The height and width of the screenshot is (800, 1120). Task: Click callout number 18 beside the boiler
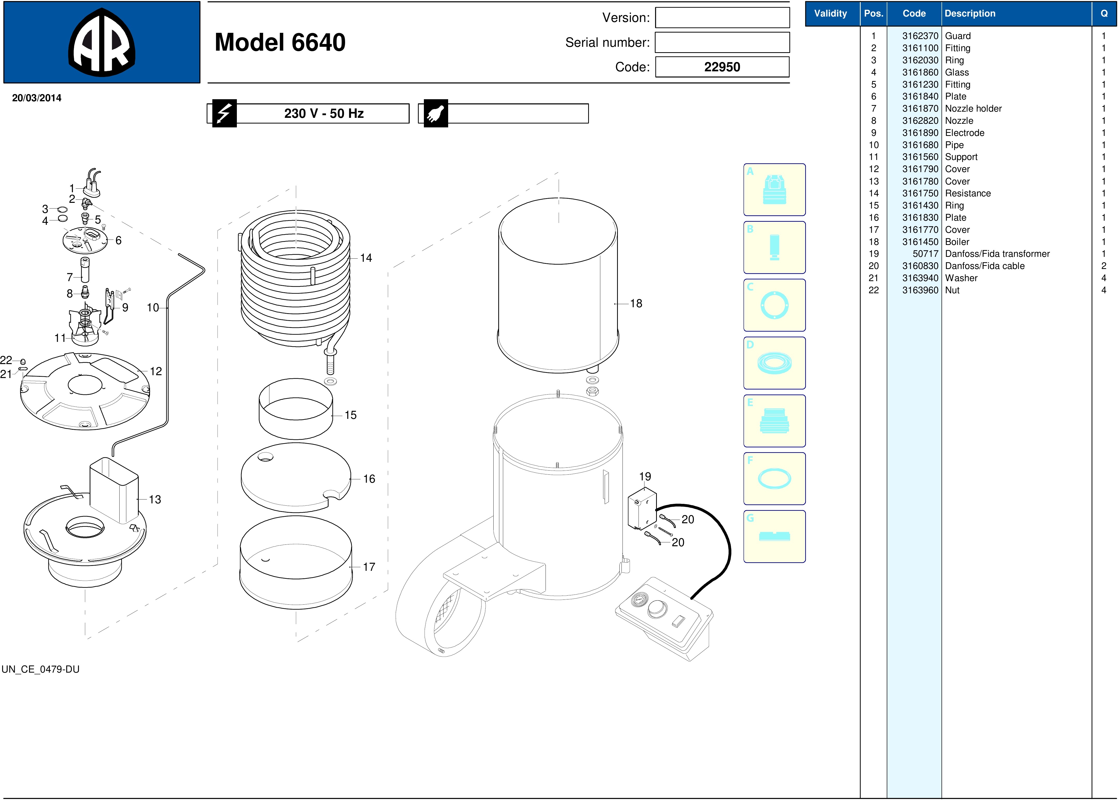[x=636, y=303]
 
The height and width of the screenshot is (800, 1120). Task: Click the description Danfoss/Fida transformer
[x=997, y=254]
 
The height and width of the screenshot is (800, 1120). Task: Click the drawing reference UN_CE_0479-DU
[x=40, y=669]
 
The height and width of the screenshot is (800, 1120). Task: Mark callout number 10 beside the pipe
[x=153, y=308]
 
